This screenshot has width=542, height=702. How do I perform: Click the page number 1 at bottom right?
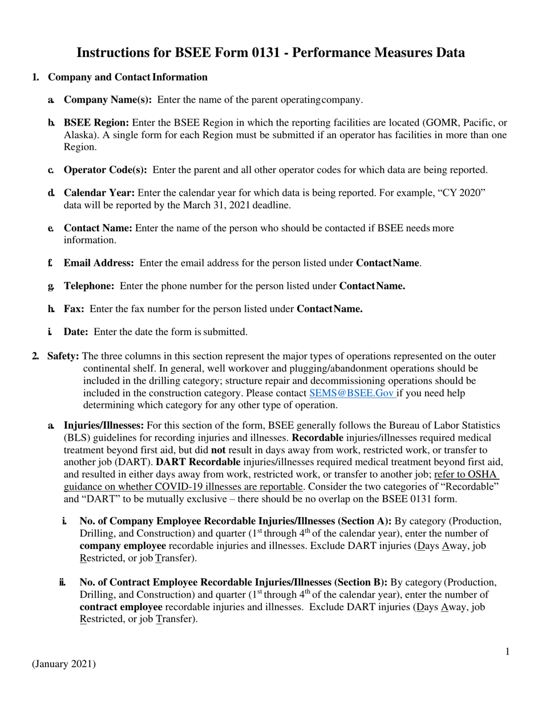[x=507, y=652]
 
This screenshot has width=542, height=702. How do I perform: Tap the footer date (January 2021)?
[x=64, y=664]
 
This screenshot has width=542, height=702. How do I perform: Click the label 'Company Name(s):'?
[x=108, y=100]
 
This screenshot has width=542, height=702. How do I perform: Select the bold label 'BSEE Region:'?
[x=96, y=123]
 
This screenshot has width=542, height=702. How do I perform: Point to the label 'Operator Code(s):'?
[x=106, y=170]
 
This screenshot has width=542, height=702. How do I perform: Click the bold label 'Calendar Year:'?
[x=99, y=193]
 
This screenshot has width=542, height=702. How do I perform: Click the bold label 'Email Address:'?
[x=99, y=263]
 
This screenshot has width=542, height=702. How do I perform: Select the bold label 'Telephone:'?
[x=89, y=286]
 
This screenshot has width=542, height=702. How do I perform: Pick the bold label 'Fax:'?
[x=74, y=309]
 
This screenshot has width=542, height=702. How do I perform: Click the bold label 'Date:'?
[x=76, y=332]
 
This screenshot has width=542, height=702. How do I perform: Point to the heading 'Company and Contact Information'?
[x=128, y=77]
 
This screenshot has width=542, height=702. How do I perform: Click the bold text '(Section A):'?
[x=365, y=522]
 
